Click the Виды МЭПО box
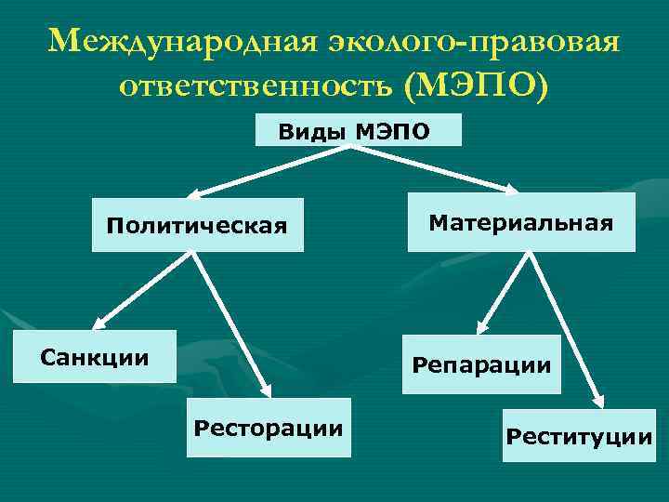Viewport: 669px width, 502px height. tap(358, 130)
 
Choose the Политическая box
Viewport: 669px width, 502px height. tap(197, 225)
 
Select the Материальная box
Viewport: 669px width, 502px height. tap(521, 222)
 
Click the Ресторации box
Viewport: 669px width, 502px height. tap(269, 428)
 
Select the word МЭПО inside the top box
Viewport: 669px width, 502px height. tap(393, 131)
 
